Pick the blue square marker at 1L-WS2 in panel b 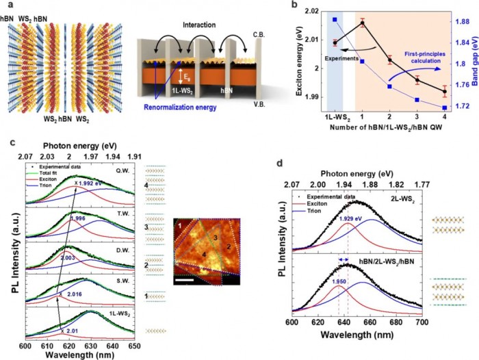[x=335, y=20]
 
